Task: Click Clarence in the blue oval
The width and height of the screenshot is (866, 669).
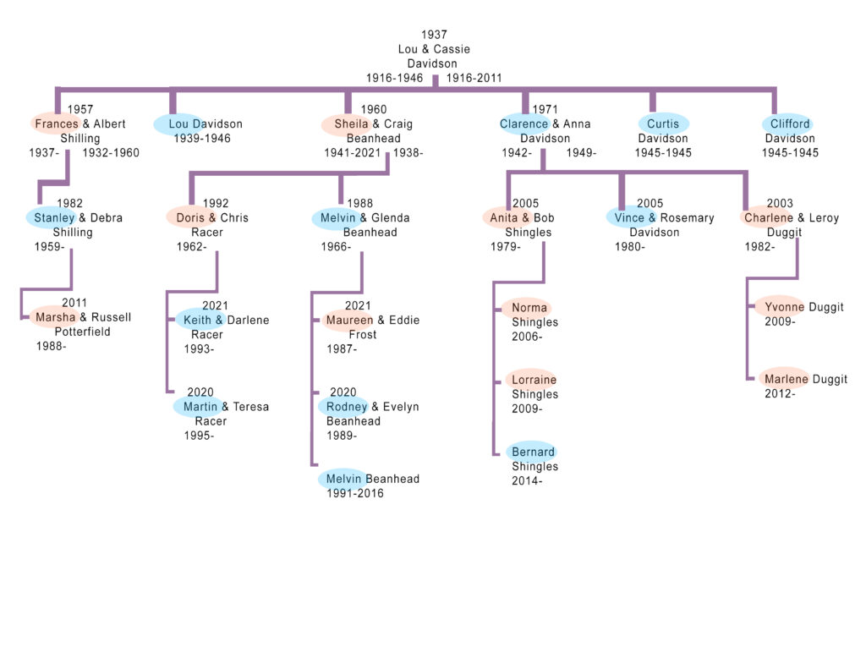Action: coord(524,123)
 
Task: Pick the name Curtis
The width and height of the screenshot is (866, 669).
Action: coord(663,123)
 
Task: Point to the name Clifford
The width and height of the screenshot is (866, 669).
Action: coord(790,123)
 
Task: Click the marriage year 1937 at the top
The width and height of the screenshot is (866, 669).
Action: coord(434,35)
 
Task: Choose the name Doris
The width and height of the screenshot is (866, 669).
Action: coord(190,217)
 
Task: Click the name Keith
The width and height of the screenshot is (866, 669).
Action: coord(197,320)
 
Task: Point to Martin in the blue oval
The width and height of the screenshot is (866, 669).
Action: coord(200,407)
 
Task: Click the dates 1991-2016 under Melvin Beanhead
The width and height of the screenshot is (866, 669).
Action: coord(355,493)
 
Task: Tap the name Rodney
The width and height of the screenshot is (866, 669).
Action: coord(347,407)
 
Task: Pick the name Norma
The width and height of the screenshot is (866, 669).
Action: coord(529,308)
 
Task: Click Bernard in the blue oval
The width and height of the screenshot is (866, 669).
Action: coord(534,452)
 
